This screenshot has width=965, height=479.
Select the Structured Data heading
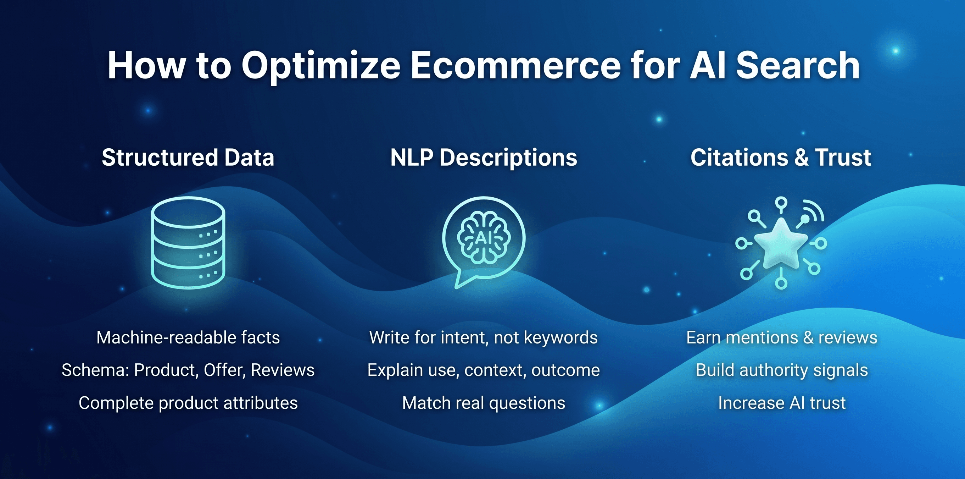point(188,157)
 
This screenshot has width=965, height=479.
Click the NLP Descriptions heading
point(484,158)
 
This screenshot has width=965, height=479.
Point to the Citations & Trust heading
point(781,157)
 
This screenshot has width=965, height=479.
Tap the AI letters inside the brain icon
point(483,238)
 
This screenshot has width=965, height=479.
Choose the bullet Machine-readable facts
point(188,337)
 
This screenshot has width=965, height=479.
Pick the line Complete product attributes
point(188,403)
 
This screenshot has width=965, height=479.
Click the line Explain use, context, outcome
point(484,370)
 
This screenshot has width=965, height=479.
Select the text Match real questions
point(484,403)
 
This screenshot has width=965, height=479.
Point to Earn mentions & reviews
point(782,337)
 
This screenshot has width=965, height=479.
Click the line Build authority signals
point(782,370)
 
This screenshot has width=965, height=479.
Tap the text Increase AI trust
point(782,403)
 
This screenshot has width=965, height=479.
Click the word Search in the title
point(798,66)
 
